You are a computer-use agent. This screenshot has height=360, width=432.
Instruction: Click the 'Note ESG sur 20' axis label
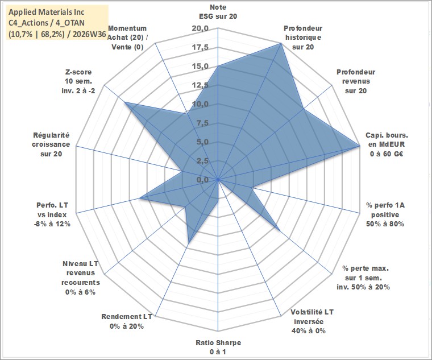[x=218, y=11]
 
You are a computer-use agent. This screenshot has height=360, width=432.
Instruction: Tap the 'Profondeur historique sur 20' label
[x=303, y=38]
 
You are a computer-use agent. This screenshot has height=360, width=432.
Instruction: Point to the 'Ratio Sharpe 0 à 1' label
[x=218, y=347]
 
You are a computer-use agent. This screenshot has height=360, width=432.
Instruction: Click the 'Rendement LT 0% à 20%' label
[x=127, y=321]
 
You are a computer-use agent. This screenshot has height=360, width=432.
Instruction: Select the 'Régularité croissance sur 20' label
[x=51, y=144]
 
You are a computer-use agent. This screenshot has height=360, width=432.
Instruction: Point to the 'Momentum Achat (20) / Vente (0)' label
[x=127, y=38]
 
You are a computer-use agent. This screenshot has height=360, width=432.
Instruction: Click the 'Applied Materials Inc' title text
[x=47, y=12]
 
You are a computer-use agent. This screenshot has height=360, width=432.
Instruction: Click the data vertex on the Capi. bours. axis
[x=359, y=146]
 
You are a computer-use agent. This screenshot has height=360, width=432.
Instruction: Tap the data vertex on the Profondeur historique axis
[x=281, y=43]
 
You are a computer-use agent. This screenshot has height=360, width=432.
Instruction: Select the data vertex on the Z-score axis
[x=124, y=102]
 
